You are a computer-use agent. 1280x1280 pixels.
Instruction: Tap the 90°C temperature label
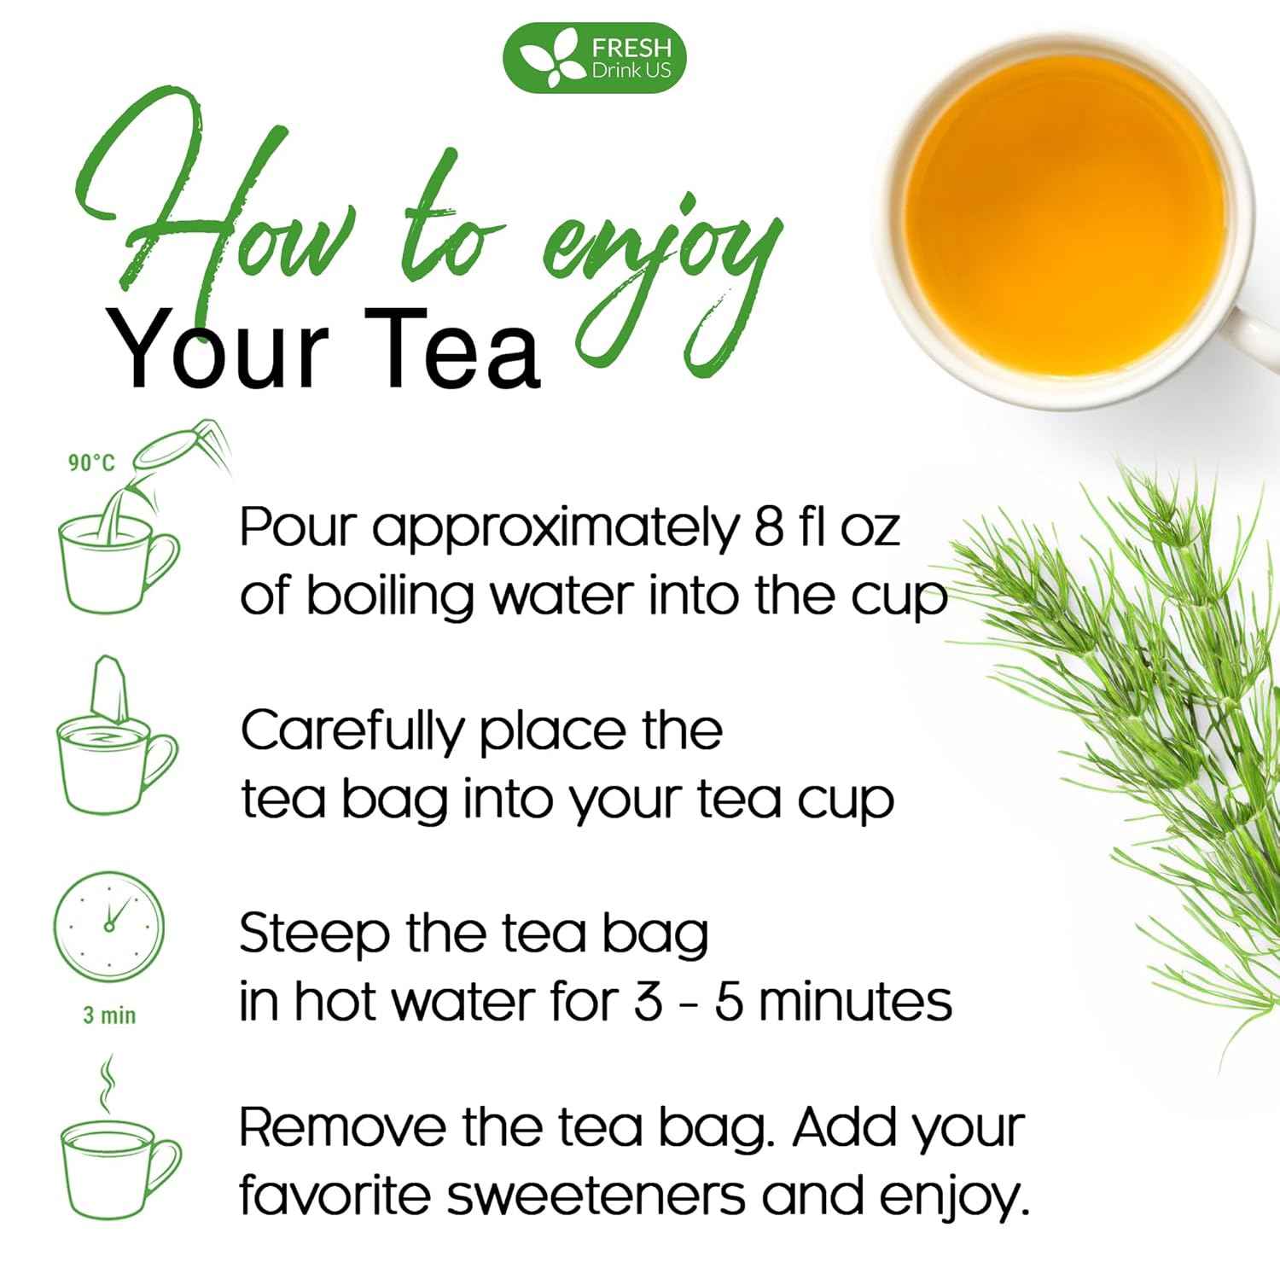point(91,463)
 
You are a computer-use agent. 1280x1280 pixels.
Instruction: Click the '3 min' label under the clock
point(109,1015)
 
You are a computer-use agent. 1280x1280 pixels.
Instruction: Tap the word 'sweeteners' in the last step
point(596,1196)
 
